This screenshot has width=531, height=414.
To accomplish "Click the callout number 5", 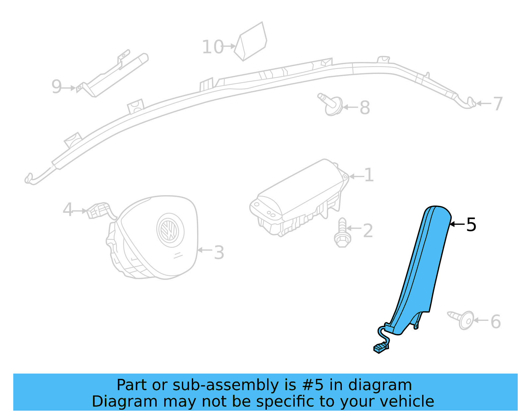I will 471,225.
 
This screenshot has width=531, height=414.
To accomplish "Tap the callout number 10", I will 213,47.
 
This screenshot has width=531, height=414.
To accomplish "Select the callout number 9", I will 56,87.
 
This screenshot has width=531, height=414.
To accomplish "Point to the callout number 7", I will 498,104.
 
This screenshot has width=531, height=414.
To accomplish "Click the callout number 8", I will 365,108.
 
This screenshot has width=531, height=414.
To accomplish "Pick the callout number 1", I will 369,175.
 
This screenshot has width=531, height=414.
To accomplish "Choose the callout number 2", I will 368,231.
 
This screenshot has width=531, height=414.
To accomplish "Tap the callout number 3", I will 219,253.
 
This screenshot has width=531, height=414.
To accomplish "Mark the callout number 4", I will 68,210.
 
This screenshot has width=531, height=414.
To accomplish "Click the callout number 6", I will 495,322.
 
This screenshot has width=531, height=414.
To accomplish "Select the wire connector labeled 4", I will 98,210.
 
